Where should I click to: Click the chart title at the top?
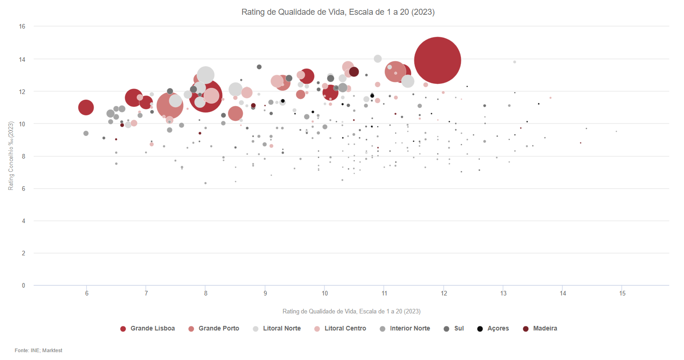click(x=338, y=12)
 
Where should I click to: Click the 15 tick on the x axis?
click(x=622, y=294)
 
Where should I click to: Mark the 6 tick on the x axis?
click(x=86, y=294)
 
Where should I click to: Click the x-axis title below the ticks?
click(x=351, y=312)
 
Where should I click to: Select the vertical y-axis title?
click(x=11, y=156)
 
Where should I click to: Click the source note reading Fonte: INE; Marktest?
click(x=38, y=351)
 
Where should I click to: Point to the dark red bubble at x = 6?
click(x=86, y=107)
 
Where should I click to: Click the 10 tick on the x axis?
click(x=324, y=294)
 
